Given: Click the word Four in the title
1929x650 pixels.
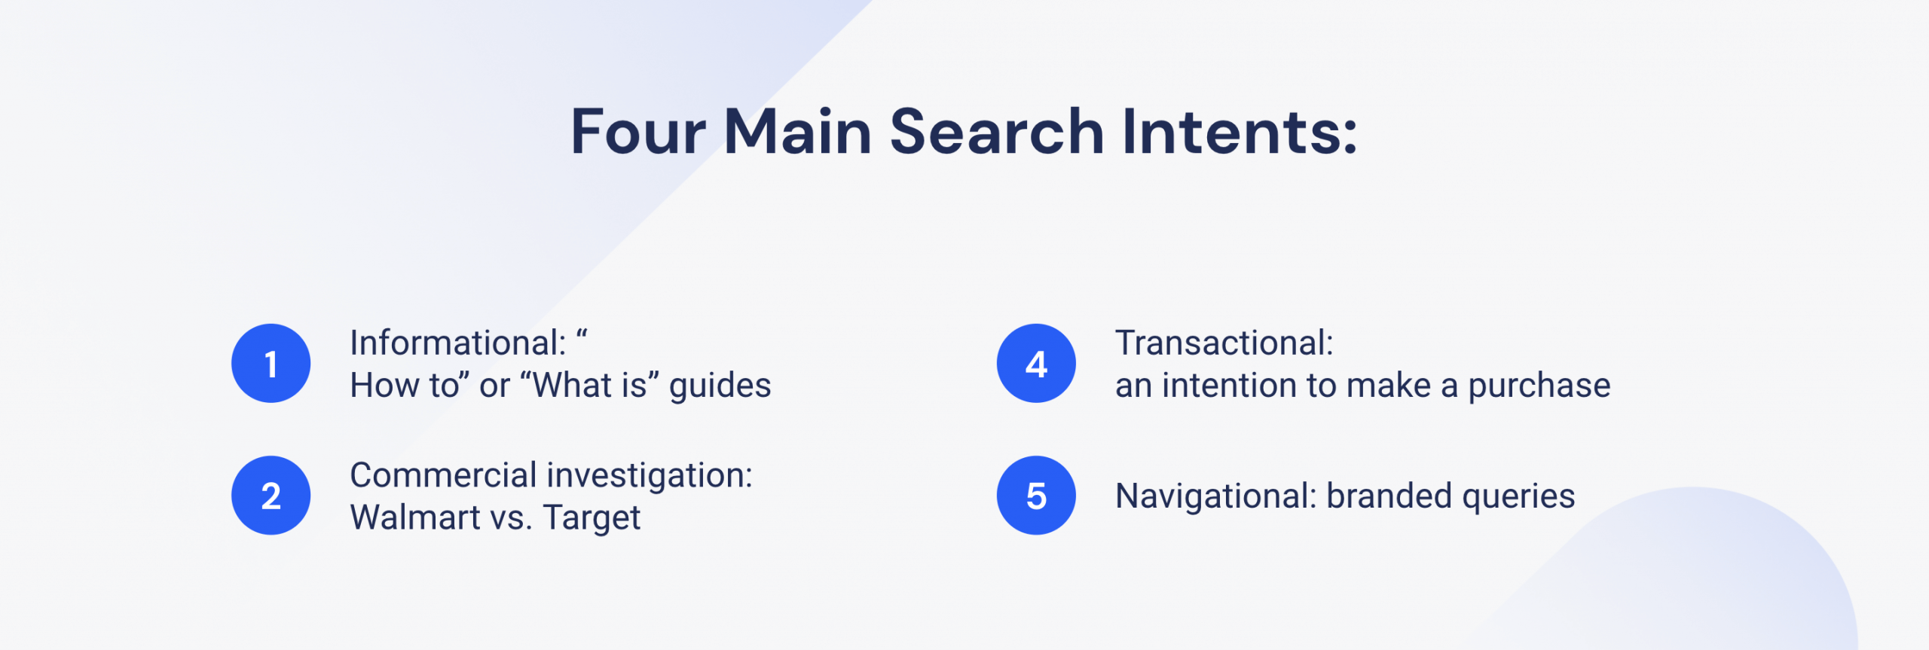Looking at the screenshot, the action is point(638,132).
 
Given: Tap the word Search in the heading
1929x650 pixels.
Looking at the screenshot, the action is point(998,132).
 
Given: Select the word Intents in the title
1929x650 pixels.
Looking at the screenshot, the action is point(1240,132).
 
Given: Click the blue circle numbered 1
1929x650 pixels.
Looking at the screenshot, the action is point(271,363).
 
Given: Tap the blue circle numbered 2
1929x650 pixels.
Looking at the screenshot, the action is point(271,496).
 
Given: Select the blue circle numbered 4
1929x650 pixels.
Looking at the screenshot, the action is point(1036,363).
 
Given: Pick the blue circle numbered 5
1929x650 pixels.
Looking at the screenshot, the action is point(1036,496).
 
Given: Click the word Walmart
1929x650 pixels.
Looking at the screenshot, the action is point(415,517).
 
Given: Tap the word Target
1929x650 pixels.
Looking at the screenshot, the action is point(592,519).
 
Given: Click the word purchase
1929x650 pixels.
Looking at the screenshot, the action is point(1539,386).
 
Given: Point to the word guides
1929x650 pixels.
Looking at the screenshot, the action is point(720,386).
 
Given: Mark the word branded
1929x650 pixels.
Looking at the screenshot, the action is point(1389,496).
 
